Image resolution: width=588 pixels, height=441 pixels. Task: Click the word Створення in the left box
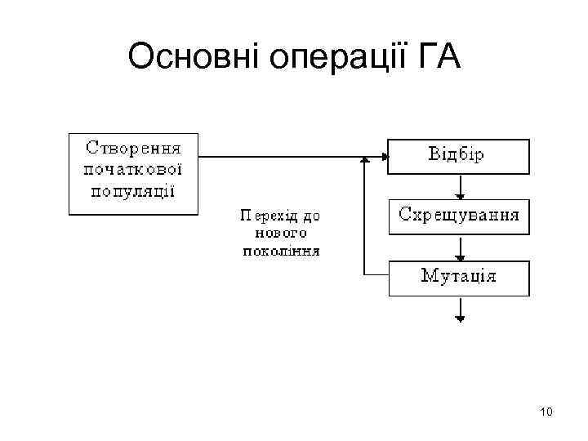click(x=133, y=148)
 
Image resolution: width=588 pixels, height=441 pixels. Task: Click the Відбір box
click(x=458, y=156)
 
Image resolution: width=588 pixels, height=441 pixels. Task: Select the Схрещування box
click(x=458, y=216)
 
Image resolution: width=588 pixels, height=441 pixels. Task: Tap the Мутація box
click(x=458, y=277)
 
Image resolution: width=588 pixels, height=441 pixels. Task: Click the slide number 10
click(x=546, y=412)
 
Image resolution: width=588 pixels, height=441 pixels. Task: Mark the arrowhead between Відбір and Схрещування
click(x=461, y=194)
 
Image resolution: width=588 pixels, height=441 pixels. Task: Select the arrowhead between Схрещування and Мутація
click(x=461, y=255)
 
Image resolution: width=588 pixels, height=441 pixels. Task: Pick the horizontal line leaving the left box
click(x=286, y=156)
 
